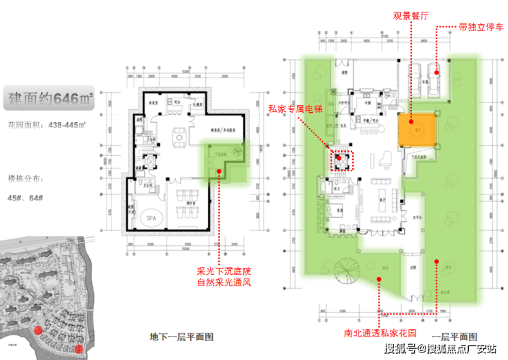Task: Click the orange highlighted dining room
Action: click(417, 129)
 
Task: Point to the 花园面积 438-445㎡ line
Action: click(45, 126)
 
